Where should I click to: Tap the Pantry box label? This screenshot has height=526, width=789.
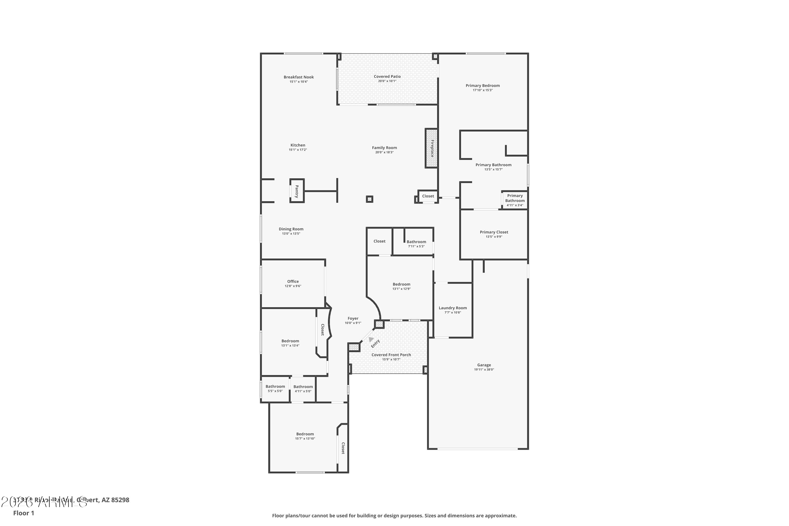[297, 191]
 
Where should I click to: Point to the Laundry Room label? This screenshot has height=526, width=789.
[453, 308]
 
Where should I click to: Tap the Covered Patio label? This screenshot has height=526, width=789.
[387, 77]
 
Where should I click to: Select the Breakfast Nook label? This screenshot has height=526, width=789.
[299, 77]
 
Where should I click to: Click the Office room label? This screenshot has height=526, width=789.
[293, 281]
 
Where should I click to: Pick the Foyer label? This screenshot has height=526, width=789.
[353, 318]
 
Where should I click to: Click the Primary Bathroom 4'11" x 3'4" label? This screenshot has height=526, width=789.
[515, 200]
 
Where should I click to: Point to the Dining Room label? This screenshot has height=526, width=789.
[291, 229]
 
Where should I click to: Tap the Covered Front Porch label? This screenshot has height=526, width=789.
[391, 355]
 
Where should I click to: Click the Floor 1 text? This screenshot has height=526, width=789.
[23, 513]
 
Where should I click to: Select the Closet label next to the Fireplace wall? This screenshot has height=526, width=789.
[428, 196]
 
